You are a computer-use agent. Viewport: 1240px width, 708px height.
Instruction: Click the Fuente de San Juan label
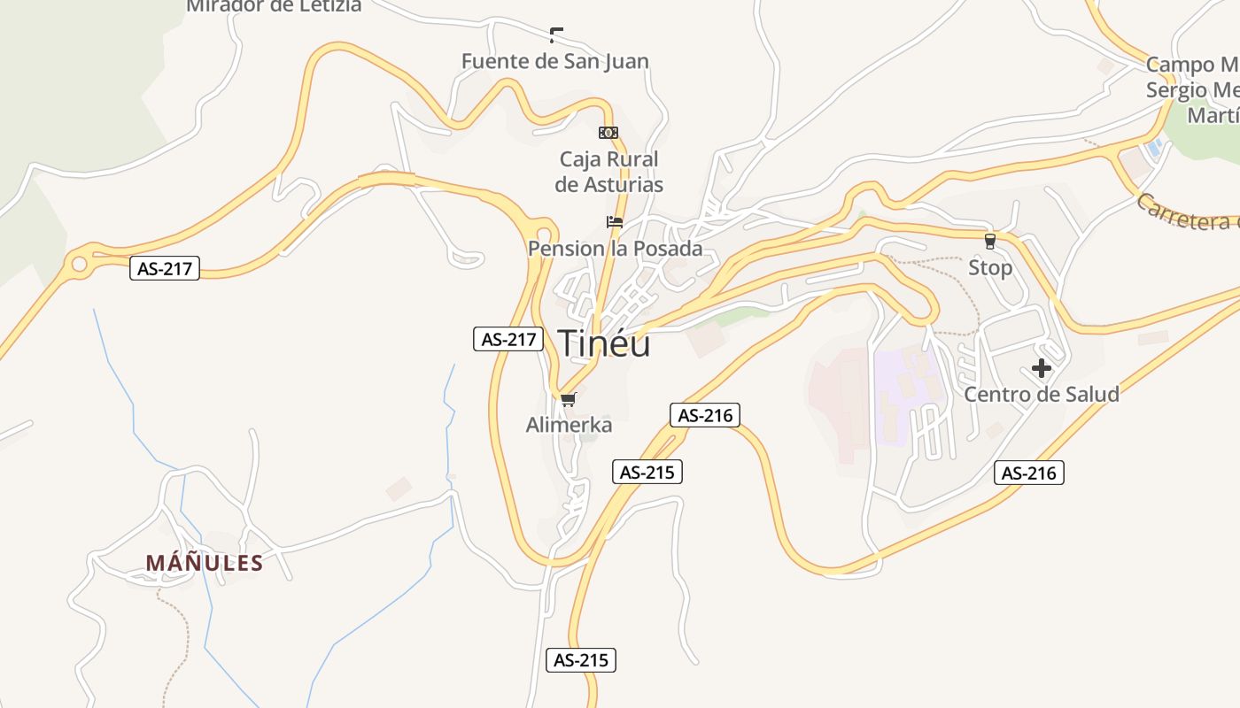click(x=555, y=61)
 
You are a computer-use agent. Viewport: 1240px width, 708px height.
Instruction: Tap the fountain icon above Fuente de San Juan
click(x=556, y=35)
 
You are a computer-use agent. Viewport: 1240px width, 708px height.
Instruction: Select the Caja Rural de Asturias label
click(x=609, y=172)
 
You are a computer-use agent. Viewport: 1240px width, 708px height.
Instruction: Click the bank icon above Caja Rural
click(x=608, y=133)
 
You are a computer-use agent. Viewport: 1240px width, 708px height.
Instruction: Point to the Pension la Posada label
click(x=616, y=249)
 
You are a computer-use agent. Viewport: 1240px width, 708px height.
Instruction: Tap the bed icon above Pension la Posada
click(x=615, y=222)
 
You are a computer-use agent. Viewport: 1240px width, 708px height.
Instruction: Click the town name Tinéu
click(x=604, y=343)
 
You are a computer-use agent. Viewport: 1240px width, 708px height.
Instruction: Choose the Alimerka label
click(x=569, y=425)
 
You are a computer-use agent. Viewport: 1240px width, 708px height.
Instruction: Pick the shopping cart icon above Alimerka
click(x=569, y=400)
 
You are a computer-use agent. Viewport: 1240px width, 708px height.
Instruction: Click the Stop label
click(x=990, y=267)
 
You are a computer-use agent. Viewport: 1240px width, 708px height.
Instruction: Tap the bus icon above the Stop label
click(x=990, y=241)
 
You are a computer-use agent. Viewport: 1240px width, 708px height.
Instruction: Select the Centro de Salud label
click(x=1042, y=394)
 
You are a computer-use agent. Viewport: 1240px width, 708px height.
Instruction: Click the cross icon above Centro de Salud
click(x=1042, y=368)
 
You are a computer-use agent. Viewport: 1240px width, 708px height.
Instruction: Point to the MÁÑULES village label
click(x=205, y=563)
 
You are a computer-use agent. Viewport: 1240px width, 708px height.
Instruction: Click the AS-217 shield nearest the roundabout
click(x=165, y=268)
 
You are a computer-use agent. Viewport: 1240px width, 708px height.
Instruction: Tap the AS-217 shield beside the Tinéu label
click(x=508, y=338)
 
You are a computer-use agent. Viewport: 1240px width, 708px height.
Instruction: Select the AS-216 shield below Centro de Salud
click(x=1028, y=473)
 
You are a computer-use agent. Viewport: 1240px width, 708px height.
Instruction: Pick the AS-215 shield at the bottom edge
click(x=581, y=659)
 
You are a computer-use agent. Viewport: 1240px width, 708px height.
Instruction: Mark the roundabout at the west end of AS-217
click(x=80, y=264)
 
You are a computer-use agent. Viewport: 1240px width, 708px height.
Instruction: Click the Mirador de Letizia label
click(x=274, y=6)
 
